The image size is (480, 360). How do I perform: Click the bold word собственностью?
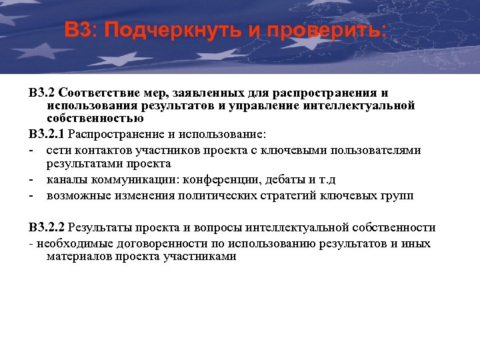[x=95, y=118]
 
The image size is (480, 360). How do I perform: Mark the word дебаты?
[x=283, y=180]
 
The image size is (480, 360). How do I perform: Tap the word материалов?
[x=78, y=256]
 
